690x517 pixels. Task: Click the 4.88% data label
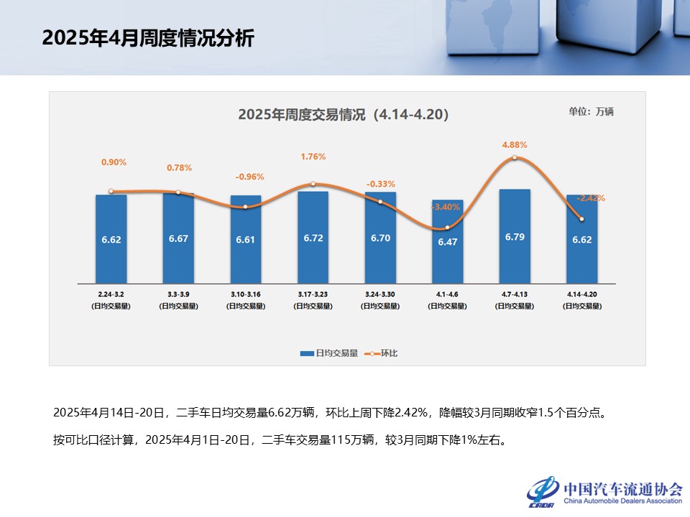(x=515, y=144)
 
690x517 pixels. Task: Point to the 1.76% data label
(x=313, y=156)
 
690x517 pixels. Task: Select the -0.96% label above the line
(x=250, y=177)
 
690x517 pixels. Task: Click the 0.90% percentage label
(x=114, y=162)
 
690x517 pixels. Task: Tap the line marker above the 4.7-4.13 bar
(x=515, y=158)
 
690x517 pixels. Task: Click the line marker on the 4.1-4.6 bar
(x=447, y=227)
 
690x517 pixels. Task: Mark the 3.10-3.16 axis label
(x=245, y=294)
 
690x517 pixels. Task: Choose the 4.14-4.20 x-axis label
(x=581, y=294)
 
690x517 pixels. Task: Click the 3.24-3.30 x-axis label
(x=380, y=294)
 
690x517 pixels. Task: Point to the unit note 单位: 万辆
(x=591, y=111)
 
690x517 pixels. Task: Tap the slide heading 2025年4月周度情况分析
(x=148, y=38)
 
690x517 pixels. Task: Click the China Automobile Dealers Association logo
(x=604, y=493)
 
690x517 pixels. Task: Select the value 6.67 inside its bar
(x=178, y=239)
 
